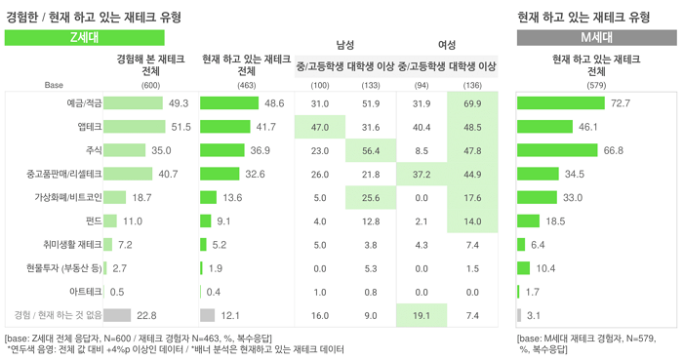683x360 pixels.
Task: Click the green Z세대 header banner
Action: pyautogui.click(x=85, y=37)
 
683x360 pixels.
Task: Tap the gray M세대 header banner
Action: pyautogui.click(x=597, y=37)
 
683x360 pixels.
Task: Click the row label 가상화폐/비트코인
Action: pyautogui.click(x=68, y=197)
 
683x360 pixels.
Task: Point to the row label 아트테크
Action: pyautogui.click(x=86, y=292)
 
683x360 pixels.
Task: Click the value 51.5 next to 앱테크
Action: pyautogui.click(x=181, y=127)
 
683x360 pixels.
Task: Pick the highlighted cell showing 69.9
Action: pyautogui.click(x=472, y=103)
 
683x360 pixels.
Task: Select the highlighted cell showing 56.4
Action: pyautogui.click(x=371, y=150)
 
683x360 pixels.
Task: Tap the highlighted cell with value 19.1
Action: pyautogui.click(x=422, y=315)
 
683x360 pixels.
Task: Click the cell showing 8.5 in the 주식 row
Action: pyautogui.click(x=422, y=150)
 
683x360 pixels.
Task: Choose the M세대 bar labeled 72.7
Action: pyautogui.click(x=561, y=103)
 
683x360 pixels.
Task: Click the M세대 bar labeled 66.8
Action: pyautogui.click(x=557, y=150)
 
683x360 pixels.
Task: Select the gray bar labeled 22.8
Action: pyautogui.click(x=117, y=315)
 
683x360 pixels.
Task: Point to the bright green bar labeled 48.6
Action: pyautogui.click(x=229, y=103)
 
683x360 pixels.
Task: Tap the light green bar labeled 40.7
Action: pyautogui.click(x=128, y=174)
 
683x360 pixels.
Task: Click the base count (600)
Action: pyautogui.click(x=150, y=85)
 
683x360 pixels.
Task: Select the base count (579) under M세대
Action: pyautogui.click(x=596, y=85)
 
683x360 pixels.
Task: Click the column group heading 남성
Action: pyautogui.click(x=345, y=45)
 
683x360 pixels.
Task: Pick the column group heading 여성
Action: pyautogui.click(x=447, y=45)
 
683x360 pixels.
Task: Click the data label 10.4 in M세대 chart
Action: pyautogui.click(x=545, y=268)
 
